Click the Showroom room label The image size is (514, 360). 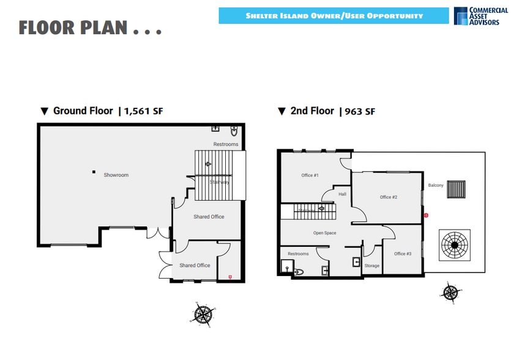click(x=116, y=175)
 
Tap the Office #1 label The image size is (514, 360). click(x=310, y=175)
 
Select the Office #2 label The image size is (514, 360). click(x=389, y=197)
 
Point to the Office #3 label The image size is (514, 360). click(x=403, y=253)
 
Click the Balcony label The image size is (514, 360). click(x=436, y=185)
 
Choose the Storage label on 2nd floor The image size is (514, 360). click(x=372, y=266)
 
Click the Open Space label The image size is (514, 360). click(x=325, y=233)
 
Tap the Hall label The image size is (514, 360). click(x=343, y=194)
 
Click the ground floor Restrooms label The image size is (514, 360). click(x=226, y=144)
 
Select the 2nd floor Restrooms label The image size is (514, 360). click(x=298, y=253)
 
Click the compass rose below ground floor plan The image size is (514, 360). click(x=203, y=313)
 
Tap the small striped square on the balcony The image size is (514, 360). click(x=456, y=190)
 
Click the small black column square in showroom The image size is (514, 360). click(x=93, y=172)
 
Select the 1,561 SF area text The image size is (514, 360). click(x=144, y=111)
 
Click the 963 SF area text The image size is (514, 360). click(x=361, y=111)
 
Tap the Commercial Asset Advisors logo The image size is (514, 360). click(x=481, y=16)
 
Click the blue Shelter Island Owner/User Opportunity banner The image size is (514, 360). click(x=333, y=16)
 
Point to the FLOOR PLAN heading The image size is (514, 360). click(x=90, y=28)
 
